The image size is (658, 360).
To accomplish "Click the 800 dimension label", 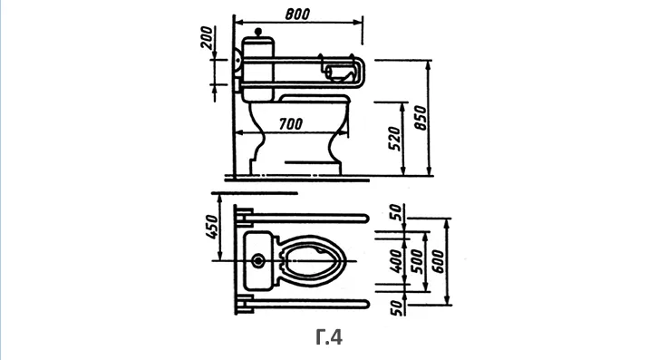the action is click(x=297, y=14).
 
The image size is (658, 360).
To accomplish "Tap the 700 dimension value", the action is click(x=291, y=123).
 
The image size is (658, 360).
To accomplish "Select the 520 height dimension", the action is click(x=394, y=138).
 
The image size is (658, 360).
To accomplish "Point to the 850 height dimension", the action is click(x=420, y=118).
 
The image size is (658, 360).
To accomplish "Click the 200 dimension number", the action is click(x=207, y=37).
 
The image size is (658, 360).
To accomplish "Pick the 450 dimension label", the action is click(x=213, y=227).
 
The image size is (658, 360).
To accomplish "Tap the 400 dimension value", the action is click(x=395, y=260).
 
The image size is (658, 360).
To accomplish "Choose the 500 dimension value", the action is click(x=417, y=261).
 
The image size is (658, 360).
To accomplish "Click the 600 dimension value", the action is click(x=438, y=261).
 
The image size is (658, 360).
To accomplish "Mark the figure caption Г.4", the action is click(x=329, y=337).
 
